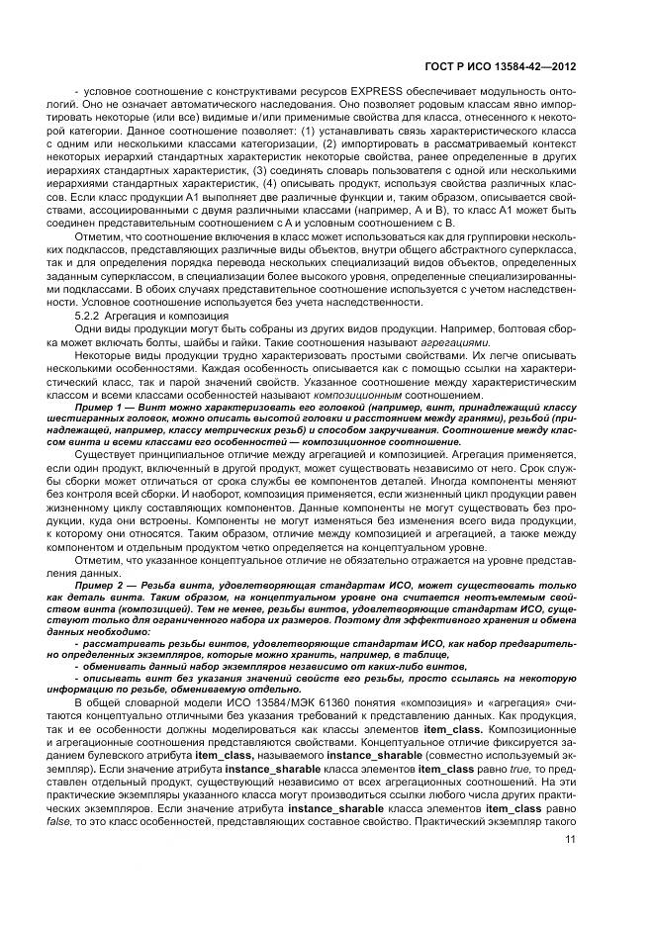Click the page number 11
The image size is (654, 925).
[571, 840]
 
